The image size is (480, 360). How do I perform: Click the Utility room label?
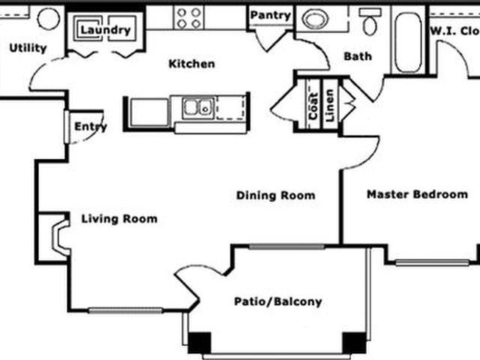[x=28, y=48]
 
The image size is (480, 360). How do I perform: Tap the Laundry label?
[x=105, y=30]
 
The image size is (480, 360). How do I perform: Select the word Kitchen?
[x=191, y=64]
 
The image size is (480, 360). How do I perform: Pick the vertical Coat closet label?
[x=313, y=106]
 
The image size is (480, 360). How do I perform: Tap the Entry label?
[x=90, y=127]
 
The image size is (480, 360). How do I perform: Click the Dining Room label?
[x=275, y=196]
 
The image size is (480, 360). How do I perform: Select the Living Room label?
[x=119, y=219]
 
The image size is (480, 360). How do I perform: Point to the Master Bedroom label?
[x=417, y=194]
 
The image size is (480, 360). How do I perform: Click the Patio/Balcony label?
[x=277, y=302]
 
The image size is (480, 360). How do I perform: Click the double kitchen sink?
[x=196, y=109]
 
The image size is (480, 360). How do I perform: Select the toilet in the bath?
[x=370, y=22]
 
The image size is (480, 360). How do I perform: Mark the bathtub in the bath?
[x=409, y=43]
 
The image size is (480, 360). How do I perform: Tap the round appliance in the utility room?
[x=49, y=19]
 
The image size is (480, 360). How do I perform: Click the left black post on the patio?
[x=199, y=342]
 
